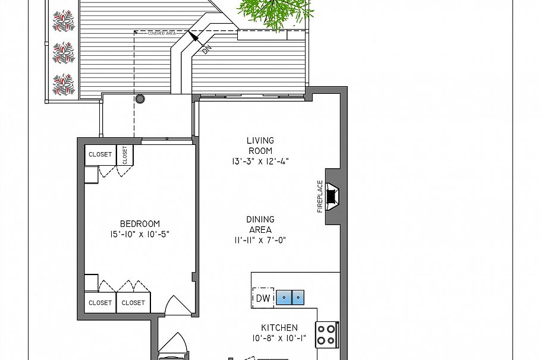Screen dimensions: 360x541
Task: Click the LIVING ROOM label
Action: click(260, 146)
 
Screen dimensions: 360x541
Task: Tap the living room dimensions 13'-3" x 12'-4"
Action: click(260, 161)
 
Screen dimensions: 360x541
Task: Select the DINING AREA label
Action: click(260, 225)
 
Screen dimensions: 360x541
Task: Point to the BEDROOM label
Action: click(140, 223)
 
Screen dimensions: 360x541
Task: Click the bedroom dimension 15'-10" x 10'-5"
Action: click(140, 235)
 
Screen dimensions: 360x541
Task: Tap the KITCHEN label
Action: click(279, 327)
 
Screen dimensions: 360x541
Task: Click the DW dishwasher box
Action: click(263, 298)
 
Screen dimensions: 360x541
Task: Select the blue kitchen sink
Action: click(291, 297)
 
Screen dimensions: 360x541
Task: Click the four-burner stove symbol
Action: click(326, 334)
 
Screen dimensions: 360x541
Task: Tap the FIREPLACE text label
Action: click(320, 196)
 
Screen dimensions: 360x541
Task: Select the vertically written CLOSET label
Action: click(125, 155)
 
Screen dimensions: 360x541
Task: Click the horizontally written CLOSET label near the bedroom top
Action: click(100, 154)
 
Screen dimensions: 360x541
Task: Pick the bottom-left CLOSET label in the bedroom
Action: click(100, 302)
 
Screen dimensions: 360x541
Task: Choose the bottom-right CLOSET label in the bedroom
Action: click(133, 302)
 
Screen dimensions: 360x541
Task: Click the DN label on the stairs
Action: click(206, 50)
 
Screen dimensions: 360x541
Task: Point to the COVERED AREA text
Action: click(162, 33)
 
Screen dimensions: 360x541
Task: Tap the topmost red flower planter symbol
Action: click(62, 21)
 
